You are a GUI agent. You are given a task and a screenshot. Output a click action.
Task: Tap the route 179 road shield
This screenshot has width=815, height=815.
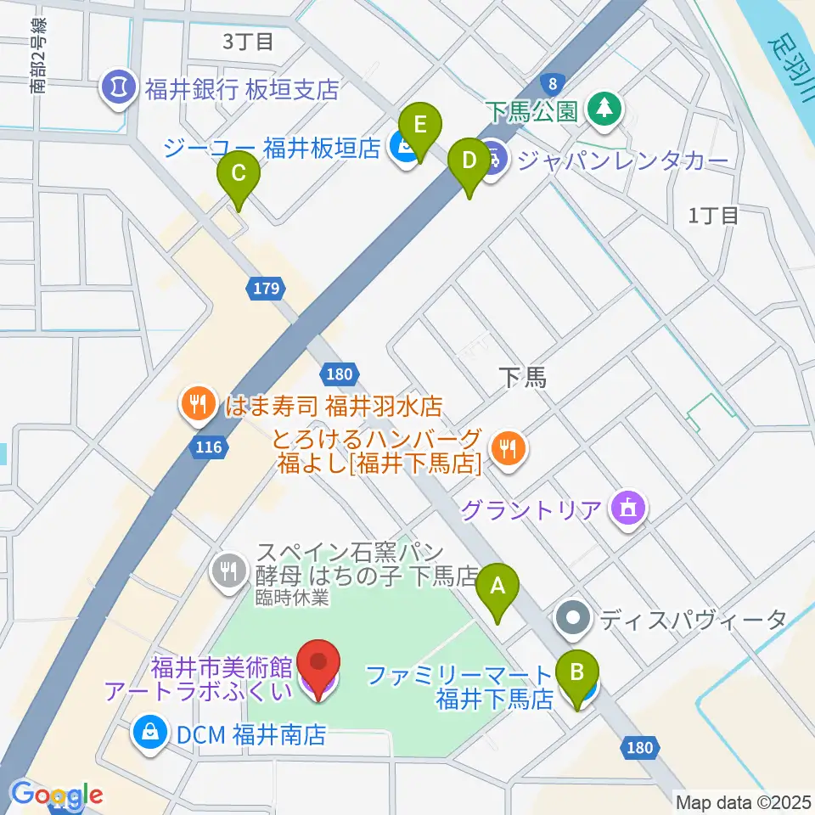(266, 289)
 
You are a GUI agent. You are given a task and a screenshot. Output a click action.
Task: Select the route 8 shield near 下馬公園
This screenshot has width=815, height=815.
(553, 83)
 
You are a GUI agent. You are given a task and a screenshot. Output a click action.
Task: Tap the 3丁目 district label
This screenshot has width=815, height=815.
(248, 40)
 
